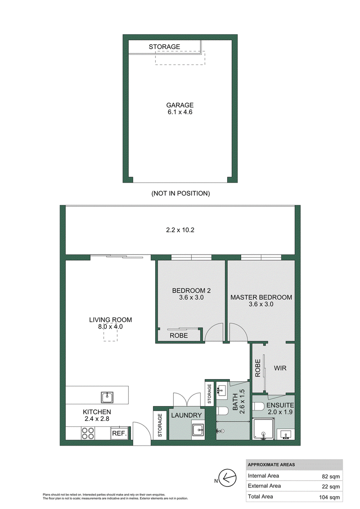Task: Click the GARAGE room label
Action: [180, 105]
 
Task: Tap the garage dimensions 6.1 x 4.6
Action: [180, 112]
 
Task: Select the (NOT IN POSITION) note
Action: [180, 193]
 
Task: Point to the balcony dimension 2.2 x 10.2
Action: [180, 230]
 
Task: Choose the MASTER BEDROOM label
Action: [261, 297]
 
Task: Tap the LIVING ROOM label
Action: [110, 320]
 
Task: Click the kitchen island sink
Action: [107, 397]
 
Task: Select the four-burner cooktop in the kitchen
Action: [88, 433]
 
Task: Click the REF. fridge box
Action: [119, 433]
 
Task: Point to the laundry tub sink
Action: [198, 430]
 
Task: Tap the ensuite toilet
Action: [259, 407]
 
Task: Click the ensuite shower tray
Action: [264, 429]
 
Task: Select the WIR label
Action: [280, 368]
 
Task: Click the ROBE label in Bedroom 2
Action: [179, 335]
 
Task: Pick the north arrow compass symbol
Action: [228, 478]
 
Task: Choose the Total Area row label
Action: [261, 497]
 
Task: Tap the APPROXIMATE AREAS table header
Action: [271, 465]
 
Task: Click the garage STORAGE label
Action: [164, 47]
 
